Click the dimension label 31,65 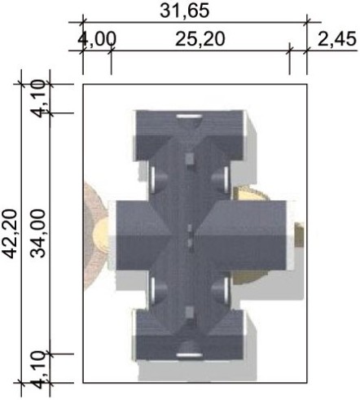point(184,11)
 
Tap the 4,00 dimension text point(97,39)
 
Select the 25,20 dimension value point(200,39)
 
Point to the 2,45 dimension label point(336,39)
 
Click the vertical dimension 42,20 point(11,234)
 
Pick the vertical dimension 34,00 point(37,234)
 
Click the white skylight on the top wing point(189,116)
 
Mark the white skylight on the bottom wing point(189,355)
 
